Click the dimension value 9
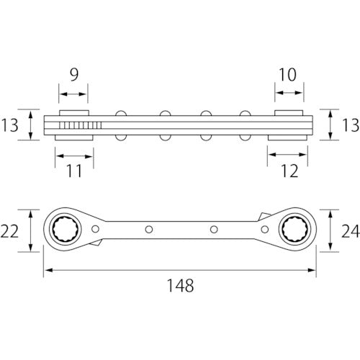pos(73,74)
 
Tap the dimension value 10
pos(287,74)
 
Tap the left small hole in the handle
pos(148,230)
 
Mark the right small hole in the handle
pos(213,230)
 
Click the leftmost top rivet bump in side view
pos(121,112)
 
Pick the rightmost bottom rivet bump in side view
pos(245,138)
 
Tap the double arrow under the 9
pos(73,94)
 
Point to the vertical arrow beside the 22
pos(31,230)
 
